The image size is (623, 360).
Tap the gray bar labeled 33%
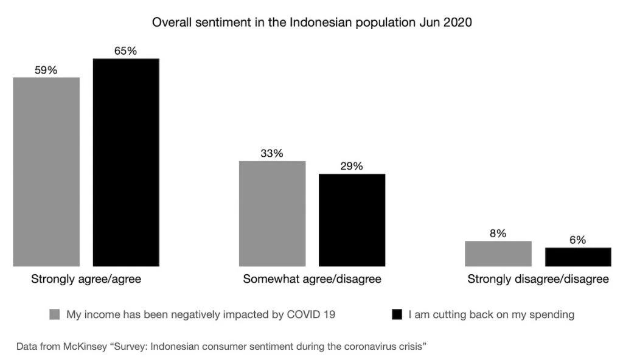[272, 213]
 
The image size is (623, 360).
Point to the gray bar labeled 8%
[498, 254]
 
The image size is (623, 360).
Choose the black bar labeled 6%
[577, 257]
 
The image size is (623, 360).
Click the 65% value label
[126, 51]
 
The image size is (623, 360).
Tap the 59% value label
[46, 70]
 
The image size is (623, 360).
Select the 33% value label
[272, 153]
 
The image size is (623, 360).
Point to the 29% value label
[352, 166]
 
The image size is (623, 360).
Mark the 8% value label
[498, 234]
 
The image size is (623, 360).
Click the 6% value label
[577, 240]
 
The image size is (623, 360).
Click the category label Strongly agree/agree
[86, 280]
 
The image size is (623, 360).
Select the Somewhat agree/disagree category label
[312, 280]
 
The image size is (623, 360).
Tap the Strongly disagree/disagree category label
[538, 280]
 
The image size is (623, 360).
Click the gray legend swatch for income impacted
[55, 315]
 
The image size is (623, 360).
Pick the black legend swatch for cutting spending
[397, 315]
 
